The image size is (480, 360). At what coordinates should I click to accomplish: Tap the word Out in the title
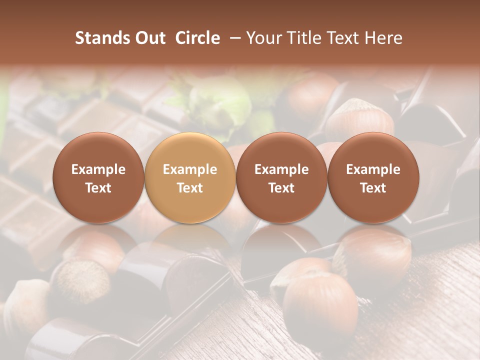coord(148,38)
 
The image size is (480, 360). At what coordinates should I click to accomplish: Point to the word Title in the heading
coord(302,38)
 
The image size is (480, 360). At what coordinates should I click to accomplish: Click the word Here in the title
coord(382,38)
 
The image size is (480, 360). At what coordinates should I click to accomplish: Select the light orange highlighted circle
coord(190,177)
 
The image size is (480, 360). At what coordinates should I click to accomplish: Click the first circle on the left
coord(98,177)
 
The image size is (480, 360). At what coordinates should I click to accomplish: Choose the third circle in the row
coord(281,177)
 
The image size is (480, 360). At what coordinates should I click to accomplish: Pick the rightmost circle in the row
coord(373,177)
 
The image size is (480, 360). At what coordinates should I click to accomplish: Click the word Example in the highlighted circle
coord(190,169)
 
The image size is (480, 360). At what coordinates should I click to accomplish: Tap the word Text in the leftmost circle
coord(98,188)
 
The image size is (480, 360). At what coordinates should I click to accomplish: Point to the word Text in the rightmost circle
coord(373,188)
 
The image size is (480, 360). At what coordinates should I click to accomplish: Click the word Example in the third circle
coord(281,169)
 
